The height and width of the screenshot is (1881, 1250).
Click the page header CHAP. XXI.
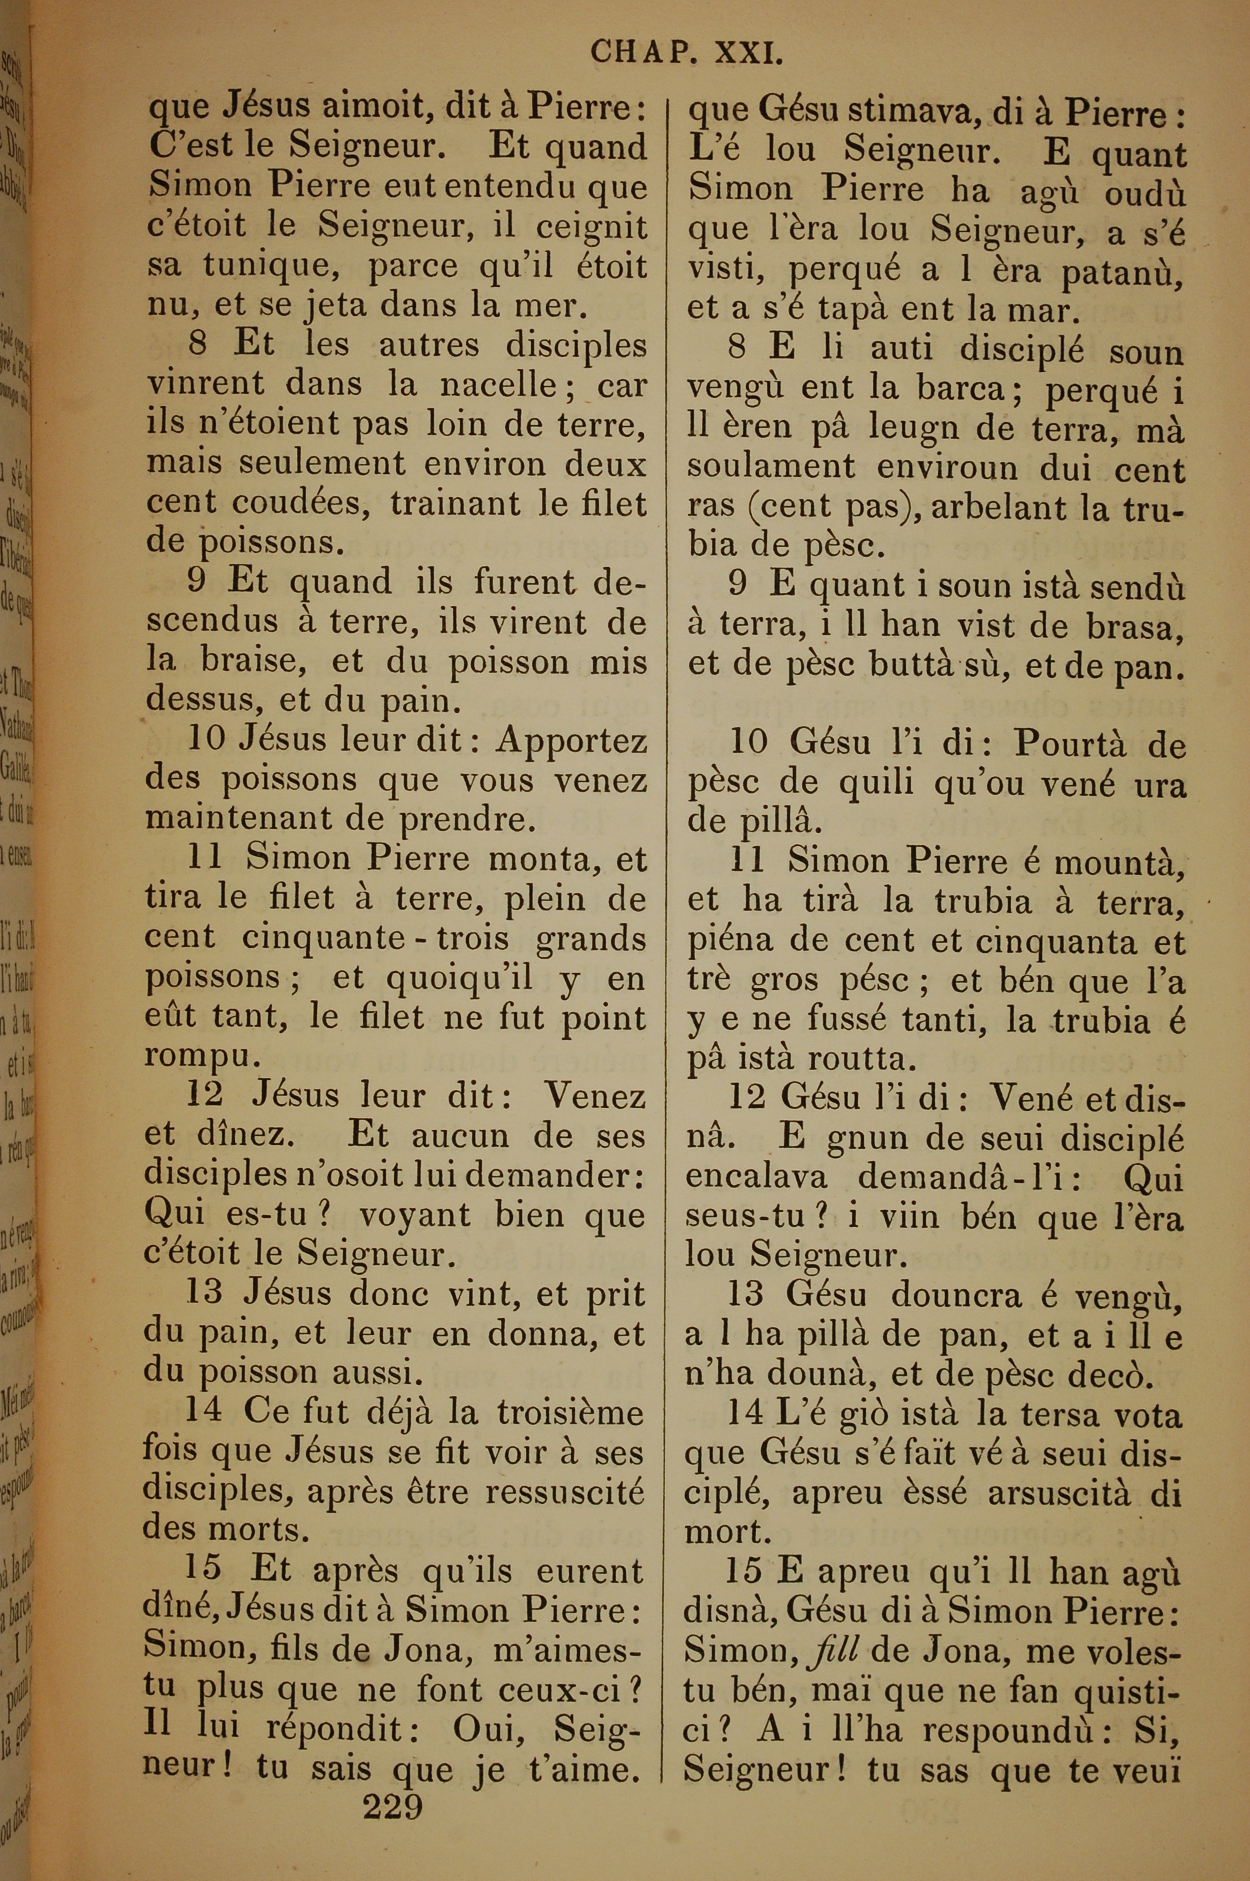pyautogui.click(x=686, y=53)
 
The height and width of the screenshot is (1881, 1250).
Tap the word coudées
pyautogui.click(x=302, y=502)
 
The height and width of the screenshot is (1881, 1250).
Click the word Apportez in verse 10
pyautogui.click(x=571, y=741)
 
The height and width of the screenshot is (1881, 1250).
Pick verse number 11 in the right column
pyautogui.click(x=747, y=861)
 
